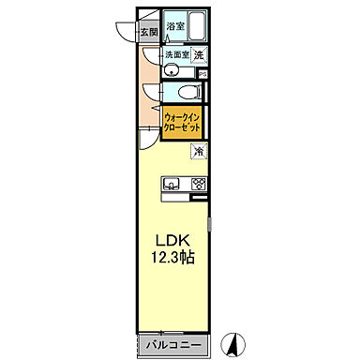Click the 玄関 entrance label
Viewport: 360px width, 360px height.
pos(150,31)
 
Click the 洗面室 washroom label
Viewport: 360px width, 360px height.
pos(177,55)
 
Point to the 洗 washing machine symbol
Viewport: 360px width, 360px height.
pos(200,55)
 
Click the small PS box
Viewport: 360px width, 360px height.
pos(202,73)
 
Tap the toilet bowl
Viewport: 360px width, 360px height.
pos(187,92)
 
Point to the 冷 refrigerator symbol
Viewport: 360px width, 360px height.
pos(199,152)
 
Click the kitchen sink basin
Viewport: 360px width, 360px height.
pos(173,183)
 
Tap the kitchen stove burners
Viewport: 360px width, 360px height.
pos(198,184)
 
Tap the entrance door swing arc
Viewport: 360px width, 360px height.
pos(125,28)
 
